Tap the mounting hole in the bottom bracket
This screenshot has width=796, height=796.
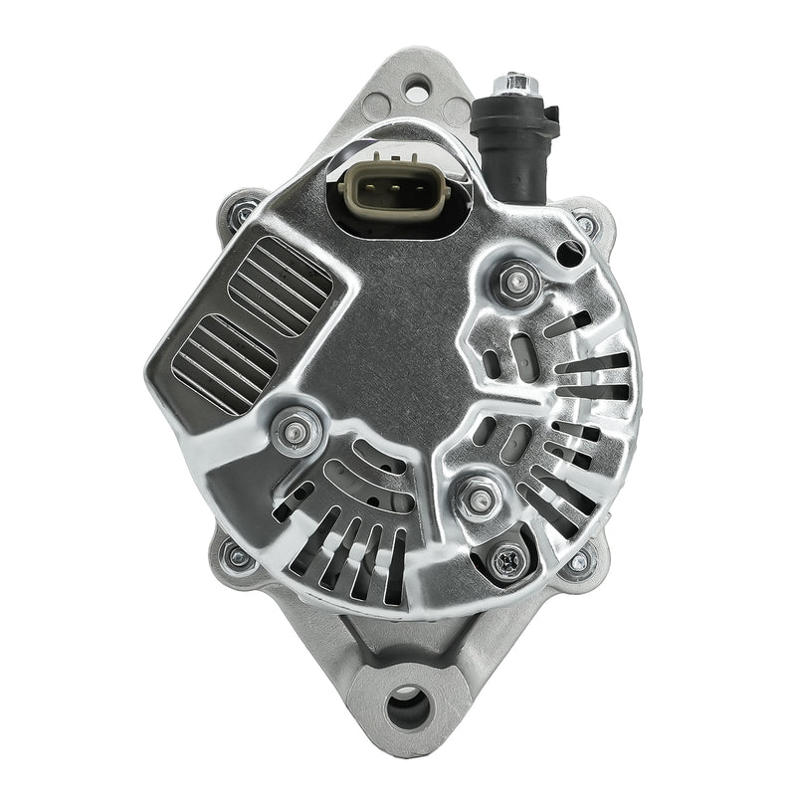click(407, 709)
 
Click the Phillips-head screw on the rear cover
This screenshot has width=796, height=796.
click(504, 563)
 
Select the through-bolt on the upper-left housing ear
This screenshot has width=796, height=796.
click(238, 211)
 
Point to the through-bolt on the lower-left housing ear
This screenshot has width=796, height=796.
click(235, 555)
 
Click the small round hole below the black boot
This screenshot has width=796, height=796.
click(572, 251)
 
